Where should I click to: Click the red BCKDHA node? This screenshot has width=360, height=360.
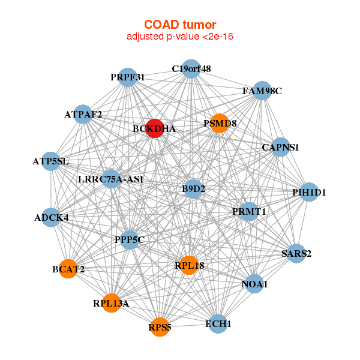click(155, 128)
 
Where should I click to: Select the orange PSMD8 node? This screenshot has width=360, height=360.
click(220, 123)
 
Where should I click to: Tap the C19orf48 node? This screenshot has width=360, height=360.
click(191, 68)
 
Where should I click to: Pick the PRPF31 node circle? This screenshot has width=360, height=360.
click(128, 77)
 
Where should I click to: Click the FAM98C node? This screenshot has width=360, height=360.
click(262, 91)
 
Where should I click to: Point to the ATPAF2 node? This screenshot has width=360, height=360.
click(83, 114)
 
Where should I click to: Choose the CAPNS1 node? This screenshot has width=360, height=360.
click(280, 147)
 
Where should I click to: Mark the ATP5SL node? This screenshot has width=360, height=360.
click(51, 161)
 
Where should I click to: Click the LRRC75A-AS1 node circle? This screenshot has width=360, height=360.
click(112, 179)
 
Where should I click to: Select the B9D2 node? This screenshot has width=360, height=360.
click(194, 189)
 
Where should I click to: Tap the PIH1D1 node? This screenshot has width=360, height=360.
click(309, 192)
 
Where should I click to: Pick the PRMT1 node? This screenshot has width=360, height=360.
click(249, 212)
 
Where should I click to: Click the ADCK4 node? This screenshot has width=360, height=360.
click(51, 217)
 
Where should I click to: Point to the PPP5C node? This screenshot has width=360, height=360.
click(130, 239)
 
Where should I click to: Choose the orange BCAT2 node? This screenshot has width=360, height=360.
click(68, 269)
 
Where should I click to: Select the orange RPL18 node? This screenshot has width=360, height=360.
click(189, 265)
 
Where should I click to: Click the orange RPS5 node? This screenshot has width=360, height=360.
click(160, 327)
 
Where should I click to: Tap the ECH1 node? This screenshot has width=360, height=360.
click(218, 324)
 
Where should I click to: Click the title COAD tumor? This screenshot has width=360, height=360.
click(180, 25)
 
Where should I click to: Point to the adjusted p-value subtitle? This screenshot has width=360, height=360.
click(180, 37)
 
